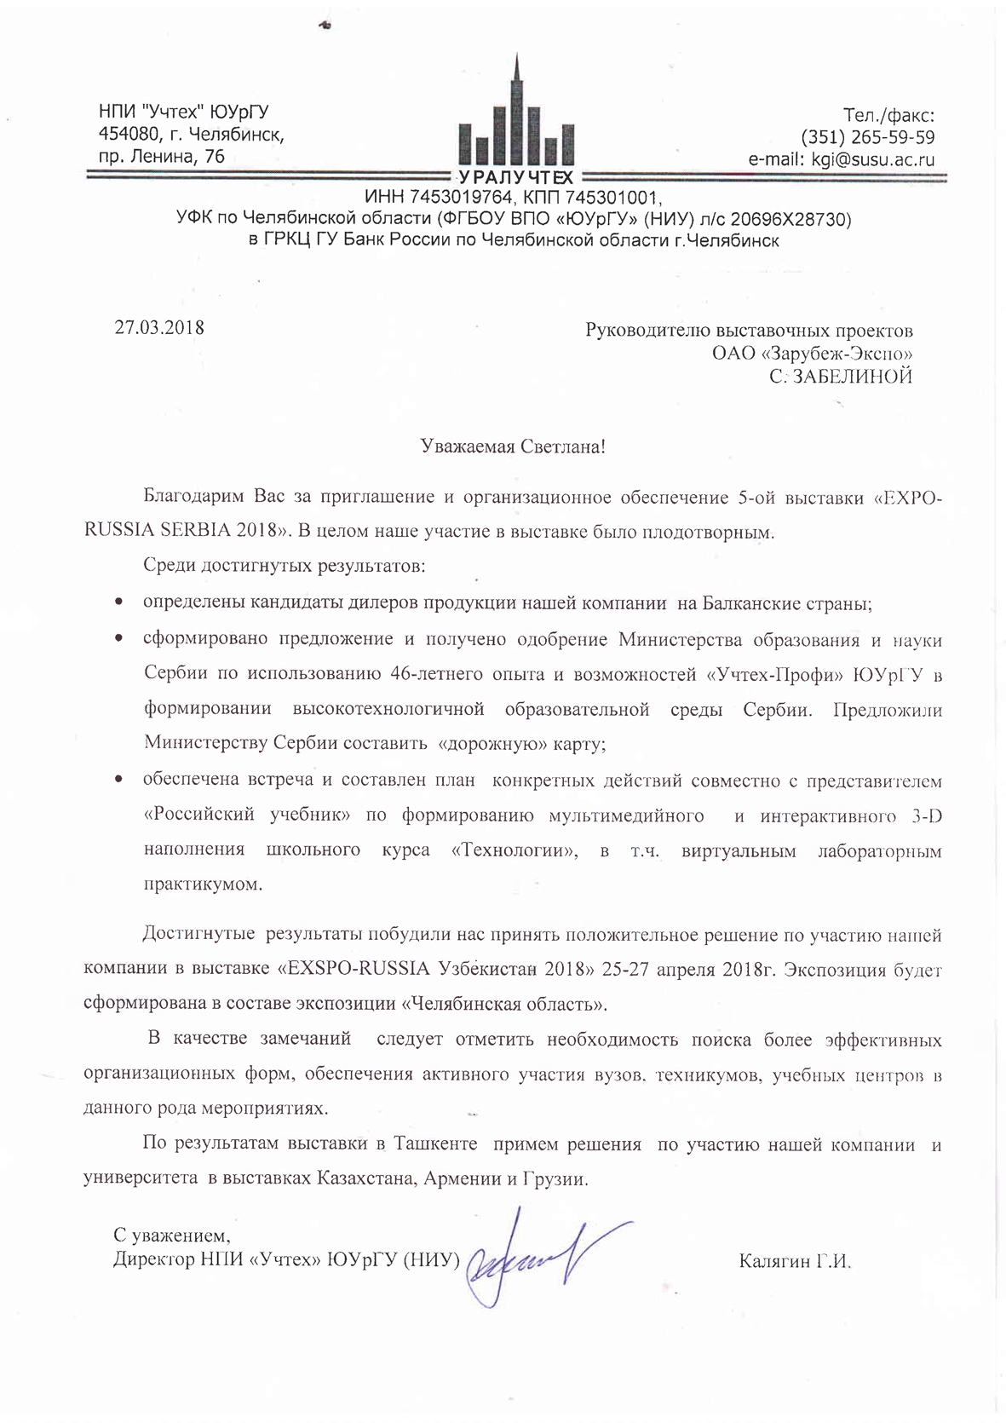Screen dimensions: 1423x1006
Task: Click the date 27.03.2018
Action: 159,327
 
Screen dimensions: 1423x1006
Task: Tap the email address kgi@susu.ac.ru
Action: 873,159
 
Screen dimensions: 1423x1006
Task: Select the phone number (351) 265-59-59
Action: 867,137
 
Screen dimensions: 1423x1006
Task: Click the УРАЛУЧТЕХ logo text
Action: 516,177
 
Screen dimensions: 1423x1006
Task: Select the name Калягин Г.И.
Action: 796,1261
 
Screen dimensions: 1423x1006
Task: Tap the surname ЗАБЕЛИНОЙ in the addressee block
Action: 852,376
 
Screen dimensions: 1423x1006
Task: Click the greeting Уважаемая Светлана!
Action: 513,446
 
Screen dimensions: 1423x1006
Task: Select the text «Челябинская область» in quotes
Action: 504,1004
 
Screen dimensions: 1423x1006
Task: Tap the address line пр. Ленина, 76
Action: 162,156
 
